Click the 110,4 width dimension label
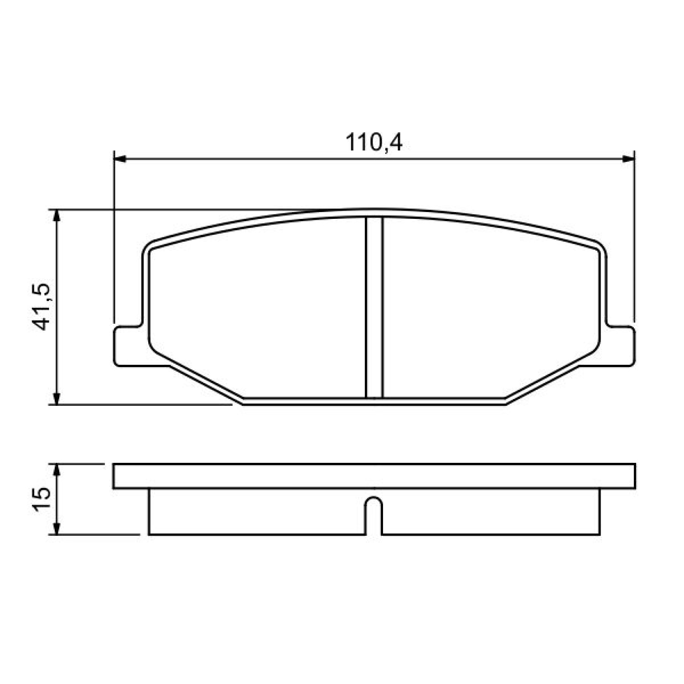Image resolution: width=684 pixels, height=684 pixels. [374, 142]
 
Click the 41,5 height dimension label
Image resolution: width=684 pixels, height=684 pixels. [42, 307]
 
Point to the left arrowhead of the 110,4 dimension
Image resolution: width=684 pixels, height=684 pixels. [119, 159]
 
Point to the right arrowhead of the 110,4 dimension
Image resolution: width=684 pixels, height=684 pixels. [628, 159]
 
